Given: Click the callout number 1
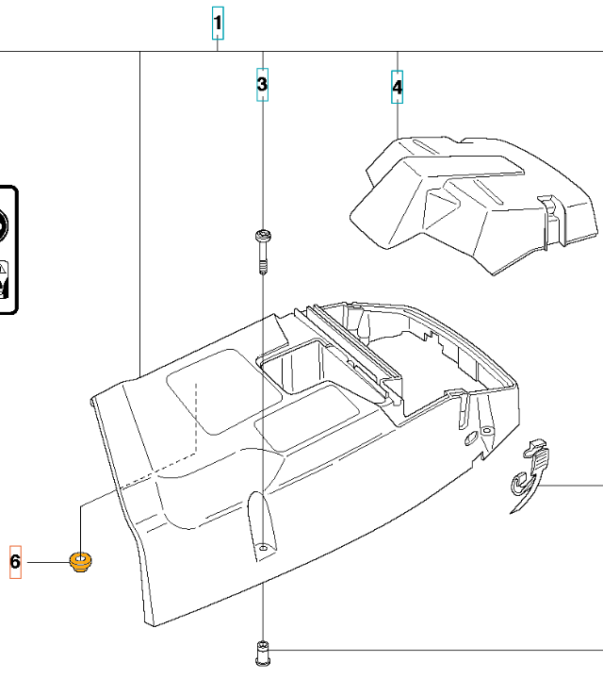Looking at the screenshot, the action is [x=218, y=23].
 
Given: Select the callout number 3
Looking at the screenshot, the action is [x=262, y=84].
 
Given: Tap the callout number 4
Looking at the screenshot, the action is [x=398, y=88].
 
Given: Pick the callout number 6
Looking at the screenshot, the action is [x=16, y=562].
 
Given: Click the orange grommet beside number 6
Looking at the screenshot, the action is [x=80, y=562].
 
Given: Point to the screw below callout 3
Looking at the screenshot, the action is [x=263, y=252].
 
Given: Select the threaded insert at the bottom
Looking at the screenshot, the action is [x=263, y=653].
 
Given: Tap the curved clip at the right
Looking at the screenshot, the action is [x=530, y=475].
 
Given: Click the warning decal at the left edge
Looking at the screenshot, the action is [x=7, y=250].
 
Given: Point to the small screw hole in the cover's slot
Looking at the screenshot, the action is [x=263, y=548].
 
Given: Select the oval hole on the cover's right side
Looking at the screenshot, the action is [x=470, y=438].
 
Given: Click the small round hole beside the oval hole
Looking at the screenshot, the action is [x=486, y=431].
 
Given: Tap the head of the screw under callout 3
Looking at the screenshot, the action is [x=263, y=236].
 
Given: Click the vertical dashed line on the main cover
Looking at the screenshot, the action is [x=197, y=417].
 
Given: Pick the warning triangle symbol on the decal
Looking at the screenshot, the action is [x=3, y=269].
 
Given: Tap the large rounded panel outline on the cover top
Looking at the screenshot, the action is [x=224, y=391].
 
